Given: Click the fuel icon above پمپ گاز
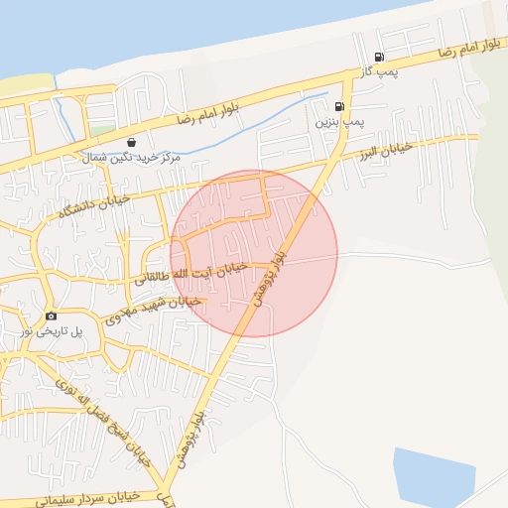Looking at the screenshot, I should point(379,58).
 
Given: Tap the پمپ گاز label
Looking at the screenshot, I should point(379,73).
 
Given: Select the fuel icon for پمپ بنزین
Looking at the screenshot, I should point(340,106).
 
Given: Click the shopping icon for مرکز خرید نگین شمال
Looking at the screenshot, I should point(132,142).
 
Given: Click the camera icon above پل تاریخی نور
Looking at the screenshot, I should point(51,316).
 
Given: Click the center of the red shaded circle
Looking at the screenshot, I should point(254,253).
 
